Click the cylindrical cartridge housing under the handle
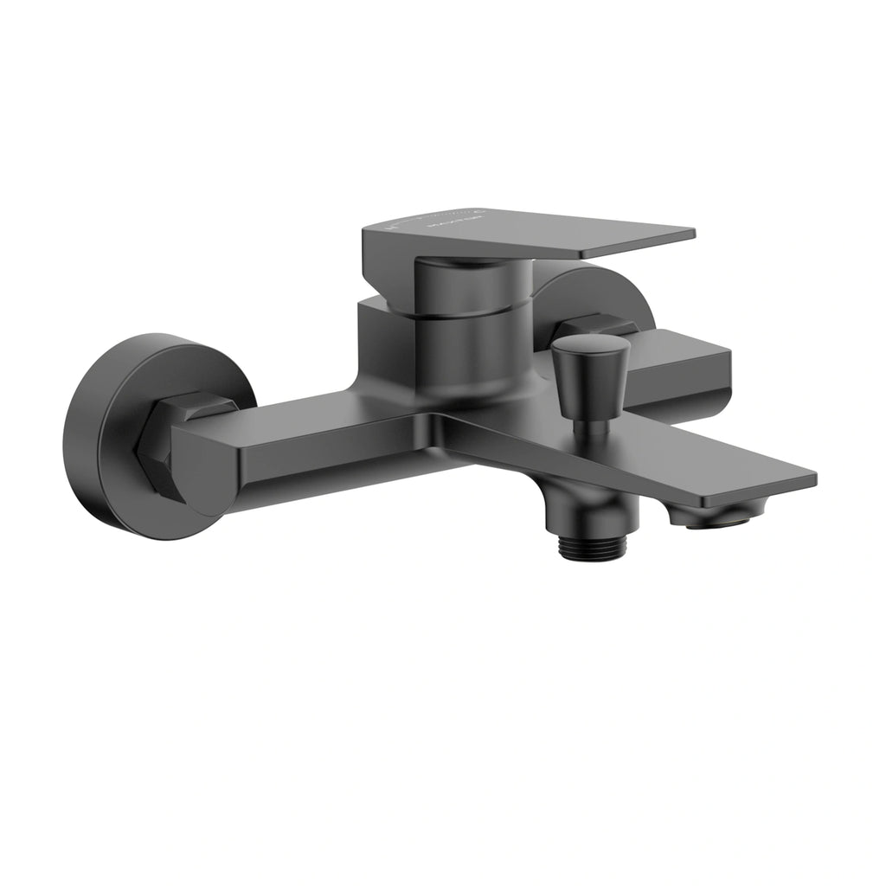[x=472, y=346]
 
